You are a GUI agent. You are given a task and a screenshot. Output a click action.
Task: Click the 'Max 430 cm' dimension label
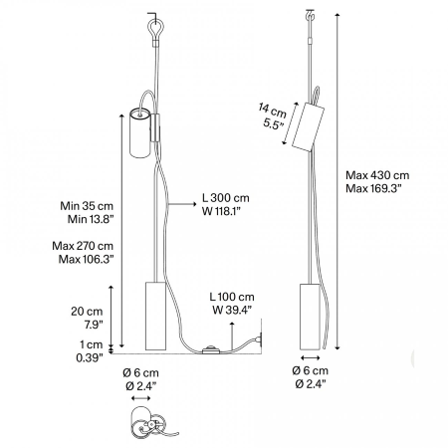tap(377, 175)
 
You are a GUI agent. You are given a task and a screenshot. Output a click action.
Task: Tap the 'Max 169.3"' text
tap(373, 188)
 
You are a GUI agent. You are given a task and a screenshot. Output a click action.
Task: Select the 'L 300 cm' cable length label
tap(225, 198)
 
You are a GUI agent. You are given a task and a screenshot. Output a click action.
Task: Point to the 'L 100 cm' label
tap(232, 297)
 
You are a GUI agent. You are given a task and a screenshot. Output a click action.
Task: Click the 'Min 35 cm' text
tap(87, 206)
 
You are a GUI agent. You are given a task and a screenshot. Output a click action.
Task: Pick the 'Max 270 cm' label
tap(83, 246)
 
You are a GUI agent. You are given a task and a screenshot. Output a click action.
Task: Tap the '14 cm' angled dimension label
tap(272, 111)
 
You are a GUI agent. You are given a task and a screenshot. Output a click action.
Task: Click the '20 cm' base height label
tap(87, 312)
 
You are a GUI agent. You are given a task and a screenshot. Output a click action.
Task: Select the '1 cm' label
tap(92, 344)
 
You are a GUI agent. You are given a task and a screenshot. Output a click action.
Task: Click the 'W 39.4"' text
tap(232, 310)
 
